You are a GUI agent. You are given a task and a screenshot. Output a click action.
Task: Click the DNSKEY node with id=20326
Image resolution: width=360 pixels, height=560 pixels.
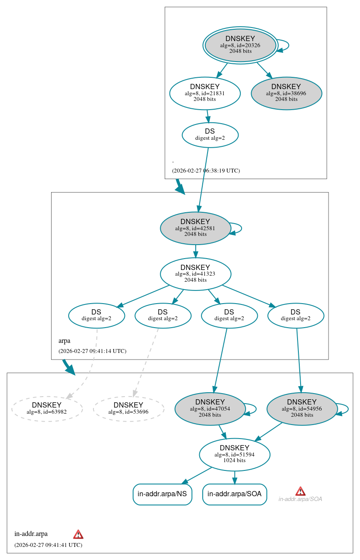pos(240,45)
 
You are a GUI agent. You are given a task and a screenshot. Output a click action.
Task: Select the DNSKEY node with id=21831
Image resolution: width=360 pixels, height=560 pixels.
pos(205,93)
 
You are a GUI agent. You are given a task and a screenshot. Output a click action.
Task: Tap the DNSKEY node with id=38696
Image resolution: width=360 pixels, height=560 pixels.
pos(286,93)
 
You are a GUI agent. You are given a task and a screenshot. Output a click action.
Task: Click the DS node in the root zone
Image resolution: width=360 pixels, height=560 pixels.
pos(210,135)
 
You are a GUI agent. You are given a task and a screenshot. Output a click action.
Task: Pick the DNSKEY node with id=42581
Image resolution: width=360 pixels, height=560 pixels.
pos(195,228)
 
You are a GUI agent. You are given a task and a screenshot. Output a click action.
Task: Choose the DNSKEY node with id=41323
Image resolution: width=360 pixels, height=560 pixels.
pos(195,274)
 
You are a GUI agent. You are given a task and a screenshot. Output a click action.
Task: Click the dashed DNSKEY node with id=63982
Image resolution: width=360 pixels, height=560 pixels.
pos(47,408)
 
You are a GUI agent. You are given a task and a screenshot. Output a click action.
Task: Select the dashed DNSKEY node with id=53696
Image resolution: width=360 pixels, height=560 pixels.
pos(128,408)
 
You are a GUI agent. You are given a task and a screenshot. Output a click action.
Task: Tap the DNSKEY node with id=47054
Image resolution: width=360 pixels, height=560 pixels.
pos(210,408)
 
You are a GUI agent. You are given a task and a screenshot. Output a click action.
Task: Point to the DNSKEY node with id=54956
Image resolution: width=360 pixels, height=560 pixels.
pos(302,408)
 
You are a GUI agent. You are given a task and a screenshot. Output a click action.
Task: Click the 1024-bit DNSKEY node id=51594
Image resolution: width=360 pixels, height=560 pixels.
pos(235,454)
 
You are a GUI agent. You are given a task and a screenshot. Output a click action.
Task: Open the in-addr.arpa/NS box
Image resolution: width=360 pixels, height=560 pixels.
pos(162,494)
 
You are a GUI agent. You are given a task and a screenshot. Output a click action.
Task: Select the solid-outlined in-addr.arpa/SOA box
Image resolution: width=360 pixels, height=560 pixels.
pos(235,494)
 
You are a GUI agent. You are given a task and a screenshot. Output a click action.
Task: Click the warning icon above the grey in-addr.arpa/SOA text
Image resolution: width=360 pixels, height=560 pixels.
pos(300,491)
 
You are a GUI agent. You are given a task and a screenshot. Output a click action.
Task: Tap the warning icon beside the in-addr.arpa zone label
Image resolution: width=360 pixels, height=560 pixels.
pos(78,534)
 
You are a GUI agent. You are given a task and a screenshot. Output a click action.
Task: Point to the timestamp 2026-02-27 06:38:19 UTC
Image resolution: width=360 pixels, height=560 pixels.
pos(206,170)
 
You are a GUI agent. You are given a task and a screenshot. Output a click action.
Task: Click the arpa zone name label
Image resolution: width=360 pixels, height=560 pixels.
pos(64,341)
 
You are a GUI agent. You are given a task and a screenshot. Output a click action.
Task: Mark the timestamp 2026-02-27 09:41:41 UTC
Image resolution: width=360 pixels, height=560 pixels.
pos(48,545)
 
